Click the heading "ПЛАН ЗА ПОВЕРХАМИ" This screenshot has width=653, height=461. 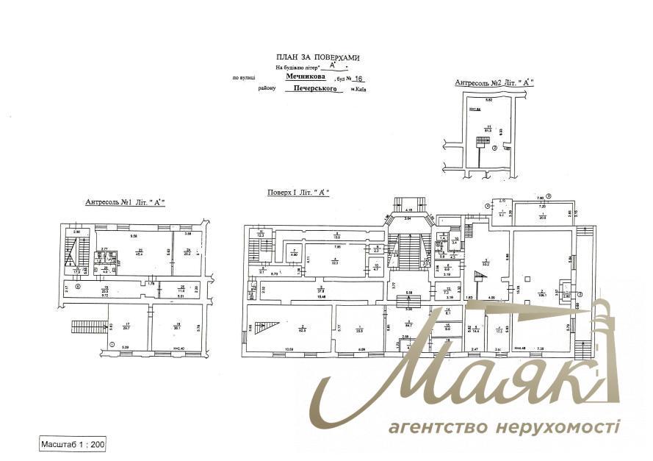click(x=318, y=57)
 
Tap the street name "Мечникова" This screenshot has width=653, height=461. click(x=308, y=75)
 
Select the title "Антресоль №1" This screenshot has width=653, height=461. click(x=125, y=201)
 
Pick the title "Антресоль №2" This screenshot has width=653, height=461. click(x=494, y=84)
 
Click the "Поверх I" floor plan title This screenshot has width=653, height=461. click(x=298, y=192)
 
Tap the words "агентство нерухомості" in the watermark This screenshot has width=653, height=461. click(x=504, y=427)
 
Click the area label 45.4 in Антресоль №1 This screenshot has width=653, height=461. click(x=138, y=254)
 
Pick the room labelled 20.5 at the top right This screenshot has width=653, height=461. click(x=542, y=215)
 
